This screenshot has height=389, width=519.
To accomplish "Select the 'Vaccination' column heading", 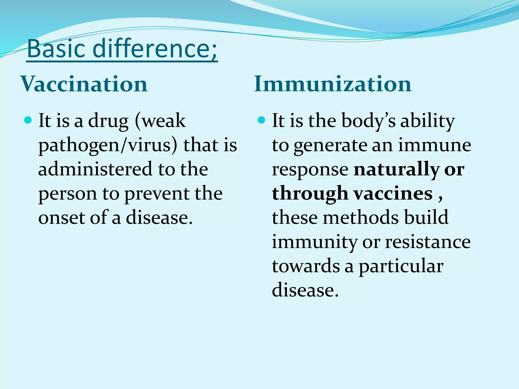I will [x=84, y=84].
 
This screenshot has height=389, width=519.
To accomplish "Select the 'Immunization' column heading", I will [x=333, y=84].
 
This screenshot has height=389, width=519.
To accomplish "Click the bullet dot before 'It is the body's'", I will [x=261, y=120].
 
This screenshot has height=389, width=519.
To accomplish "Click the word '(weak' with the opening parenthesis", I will [x=160, y=121].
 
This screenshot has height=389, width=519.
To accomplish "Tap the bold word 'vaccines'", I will [x=393, y=193].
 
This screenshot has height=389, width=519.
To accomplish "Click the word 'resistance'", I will [x=428, y=242].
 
